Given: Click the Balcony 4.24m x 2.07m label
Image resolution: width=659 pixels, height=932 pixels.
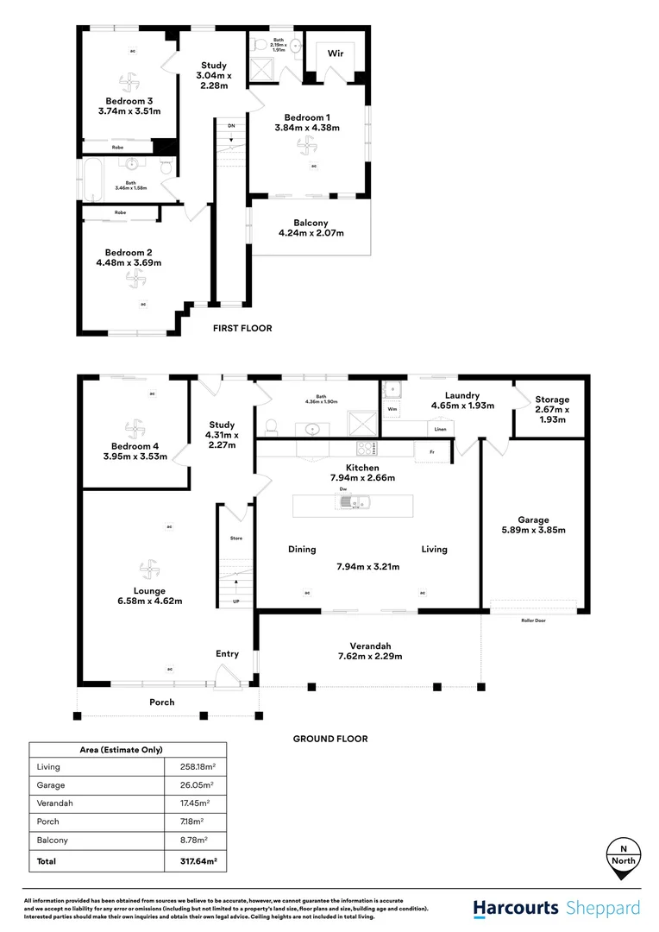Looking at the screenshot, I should coord(311,228).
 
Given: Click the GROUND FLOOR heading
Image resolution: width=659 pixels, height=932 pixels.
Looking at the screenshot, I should coord(330,739).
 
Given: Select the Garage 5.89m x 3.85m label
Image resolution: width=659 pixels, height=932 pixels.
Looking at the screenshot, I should coord(533,525).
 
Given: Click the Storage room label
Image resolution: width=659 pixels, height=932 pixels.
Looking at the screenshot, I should coord(552,409).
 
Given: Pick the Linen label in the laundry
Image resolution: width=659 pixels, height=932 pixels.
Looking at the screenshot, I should coord(440,429).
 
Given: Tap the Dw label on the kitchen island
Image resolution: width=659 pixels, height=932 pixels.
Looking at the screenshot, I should coord(343,490).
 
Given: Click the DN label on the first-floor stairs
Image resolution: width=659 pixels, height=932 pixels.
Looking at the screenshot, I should coord(230,126).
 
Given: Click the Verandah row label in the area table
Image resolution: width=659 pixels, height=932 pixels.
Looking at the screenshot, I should coord(53,803).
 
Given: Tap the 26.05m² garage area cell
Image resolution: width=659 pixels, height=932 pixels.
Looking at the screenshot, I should coord(195,785).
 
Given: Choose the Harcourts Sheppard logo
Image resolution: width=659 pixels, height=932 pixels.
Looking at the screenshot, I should coord(556,908).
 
